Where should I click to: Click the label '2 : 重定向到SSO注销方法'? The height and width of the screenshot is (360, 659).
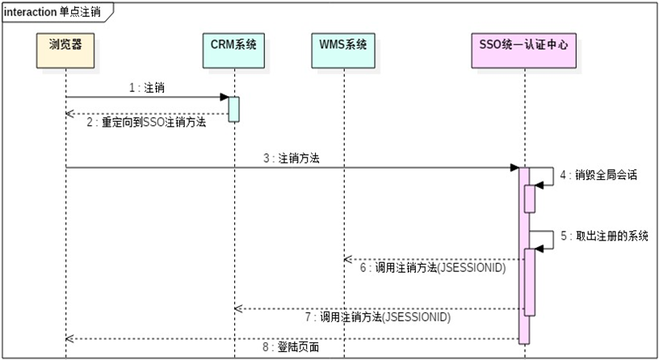point(149,123)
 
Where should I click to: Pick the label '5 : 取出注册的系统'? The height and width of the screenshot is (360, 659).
point(608,237)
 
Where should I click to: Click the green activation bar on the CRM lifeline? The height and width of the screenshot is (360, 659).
point(234,109)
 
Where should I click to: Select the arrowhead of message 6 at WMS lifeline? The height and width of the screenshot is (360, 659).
point(347,259)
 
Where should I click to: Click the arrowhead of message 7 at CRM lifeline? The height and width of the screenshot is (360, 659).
point(238,308)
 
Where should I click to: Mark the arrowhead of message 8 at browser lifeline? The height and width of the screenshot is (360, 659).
point(69,339)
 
